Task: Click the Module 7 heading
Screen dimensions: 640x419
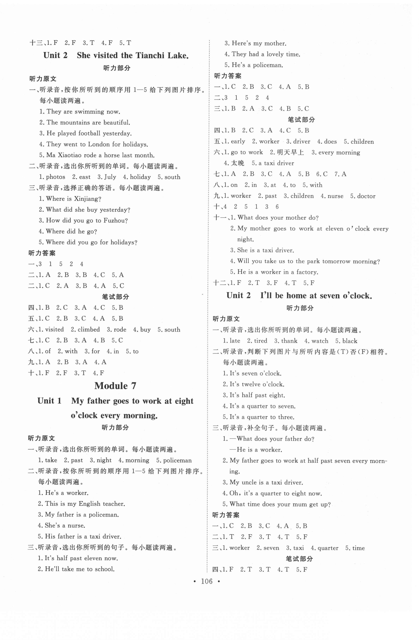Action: point(115,386)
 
